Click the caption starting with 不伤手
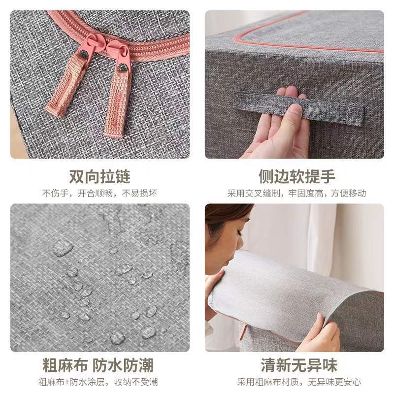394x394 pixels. coord(99,193)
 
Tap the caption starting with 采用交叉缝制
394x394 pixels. coord(296,193)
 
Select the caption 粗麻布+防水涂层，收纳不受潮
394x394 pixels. coord(99,382)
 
